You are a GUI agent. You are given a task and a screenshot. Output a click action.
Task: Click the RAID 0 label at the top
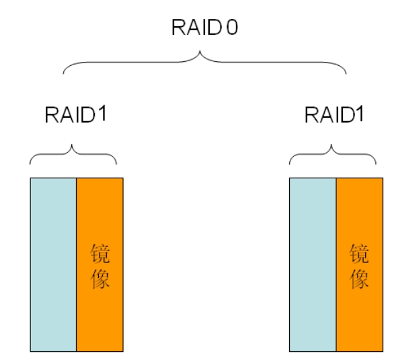coord(204,27)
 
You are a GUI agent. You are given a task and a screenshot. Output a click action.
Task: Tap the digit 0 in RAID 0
coord(232,27)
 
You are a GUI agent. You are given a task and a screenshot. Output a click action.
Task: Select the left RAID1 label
coord(75,114)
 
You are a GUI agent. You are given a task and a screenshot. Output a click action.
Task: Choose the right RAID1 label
coord(334,114)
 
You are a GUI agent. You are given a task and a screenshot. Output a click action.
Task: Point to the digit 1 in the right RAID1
coord(360,114)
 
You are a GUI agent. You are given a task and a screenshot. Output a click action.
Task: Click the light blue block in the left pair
coord(53,264)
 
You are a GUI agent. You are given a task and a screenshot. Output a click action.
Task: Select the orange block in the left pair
coord(100,264)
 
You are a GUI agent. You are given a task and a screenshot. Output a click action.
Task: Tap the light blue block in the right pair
coord(313,264)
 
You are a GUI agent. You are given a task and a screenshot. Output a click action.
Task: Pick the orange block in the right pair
coord(360,264)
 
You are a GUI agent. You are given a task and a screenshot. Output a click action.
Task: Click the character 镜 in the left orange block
coord(100,254)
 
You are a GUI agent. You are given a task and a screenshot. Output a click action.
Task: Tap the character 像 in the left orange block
coord(100,279)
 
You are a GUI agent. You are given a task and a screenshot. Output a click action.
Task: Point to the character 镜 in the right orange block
coord(359,254)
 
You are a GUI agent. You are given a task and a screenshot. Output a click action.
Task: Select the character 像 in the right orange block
coord(359,279)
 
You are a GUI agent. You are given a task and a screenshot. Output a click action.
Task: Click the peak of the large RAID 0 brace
coord(200,51)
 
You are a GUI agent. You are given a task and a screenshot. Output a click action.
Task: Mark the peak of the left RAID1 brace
coord(72,145)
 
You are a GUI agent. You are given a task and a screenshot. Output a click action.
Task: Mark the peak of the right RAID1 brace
coord(331,145)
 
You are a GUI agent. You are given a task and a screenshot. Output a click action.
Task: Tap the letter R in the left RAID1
coord(52,115)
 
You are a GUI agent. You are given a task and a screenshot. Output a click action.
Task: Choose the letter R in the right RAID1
coord(312,115)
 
